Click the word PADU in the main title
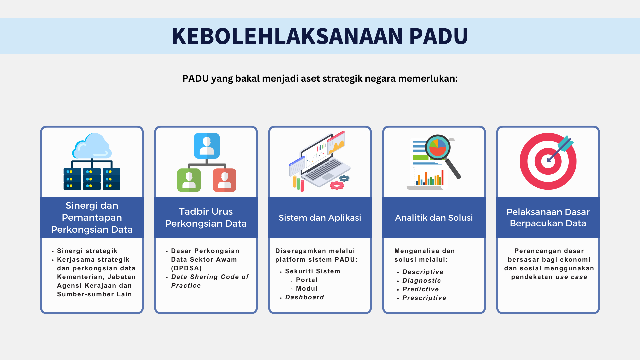coord(438,36)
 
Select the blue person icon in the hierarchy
coord(207,146)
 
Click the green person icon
coord(189,180)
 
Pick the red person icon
coord(224,180)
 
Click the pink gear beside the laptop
coord(337,185)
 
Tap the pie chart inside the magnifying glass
coord(438,147)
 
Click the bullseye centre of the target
coord(548,161)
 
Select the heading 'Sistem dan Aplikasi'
coord(320,218)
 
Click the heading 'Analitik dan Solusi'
coord(434,218)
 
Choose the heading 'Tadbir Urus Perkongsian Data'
coord(206,217)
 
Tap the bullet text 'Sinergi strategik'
coord(87,251)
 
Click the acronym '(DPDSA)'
coord(186,268)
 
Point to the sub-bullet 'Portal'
coord(307,280)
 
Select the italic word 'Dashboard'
coord(305,297)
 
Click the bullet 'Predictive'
coord(421,289)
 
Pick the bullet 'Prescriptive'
coord(424,298)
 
